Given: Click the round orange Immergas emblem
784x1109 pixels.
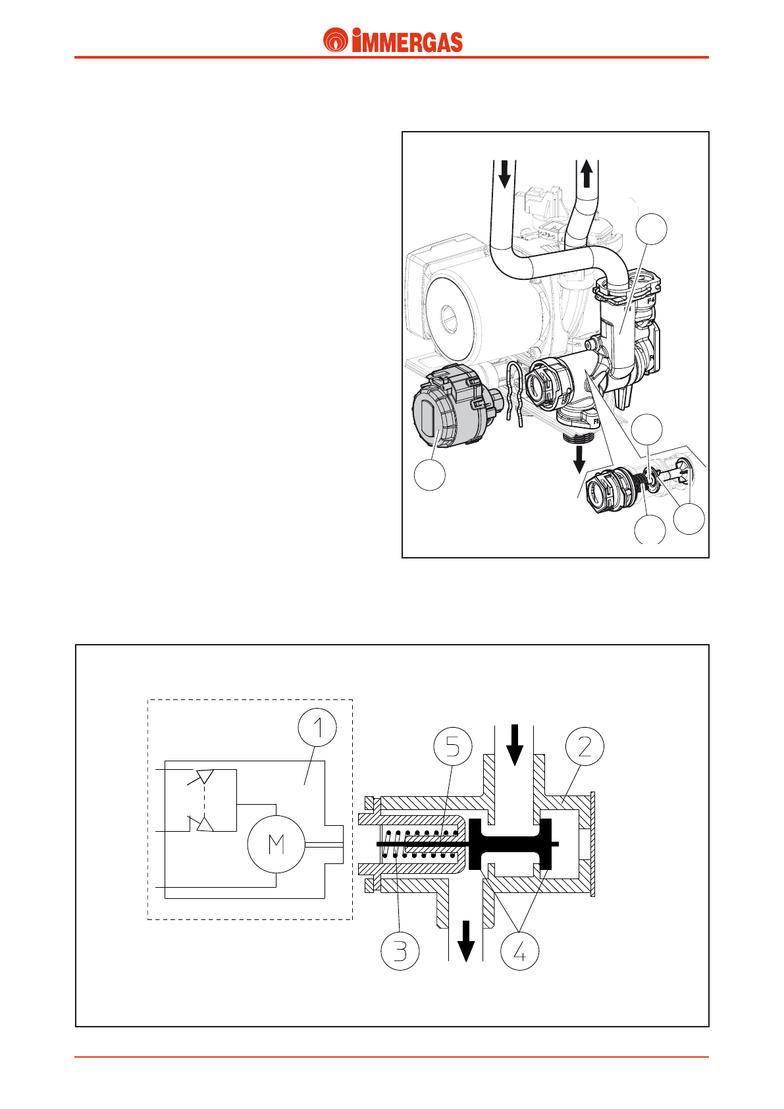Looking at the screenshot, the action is [x=336, y=41].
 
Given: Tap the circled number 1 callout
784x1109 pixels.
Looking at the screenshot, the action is [x=317, y=727].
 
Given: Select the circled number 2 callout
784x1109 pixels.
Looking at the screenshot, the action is [x=585, y=746].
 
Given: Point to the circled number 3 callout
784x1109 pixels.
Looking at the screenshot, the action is [x=400, y=951].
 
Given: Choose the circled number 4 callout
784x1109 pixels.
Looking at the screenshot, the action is [x=520, y=951].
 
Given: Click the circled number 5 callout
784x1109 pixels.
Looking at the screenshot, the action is [x=453, y=746].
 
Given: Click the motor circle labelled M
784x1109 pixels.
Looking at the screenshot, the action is [x=276, y=844].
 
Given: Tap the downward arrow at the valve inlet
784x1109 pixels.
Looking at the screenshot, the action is [x=514, y=744].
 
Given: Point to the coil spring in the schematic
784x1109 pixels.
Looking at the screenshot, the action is [x=421, y=845].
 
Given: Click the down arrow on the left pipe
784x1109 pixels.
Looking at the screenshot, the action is [x=504, y=173].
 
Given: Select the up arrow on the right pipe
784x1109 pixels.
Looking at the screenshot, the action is [x=587, y=175].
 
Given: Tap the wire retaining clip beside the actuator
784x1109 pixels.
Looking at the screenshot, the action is [x=515, y=392].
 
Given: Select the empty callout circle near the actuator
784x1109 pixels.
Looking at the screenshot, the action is [x=429, y=475].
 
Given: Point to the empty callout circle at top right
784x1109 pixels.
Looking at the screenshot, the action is [x=652, y=229].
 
